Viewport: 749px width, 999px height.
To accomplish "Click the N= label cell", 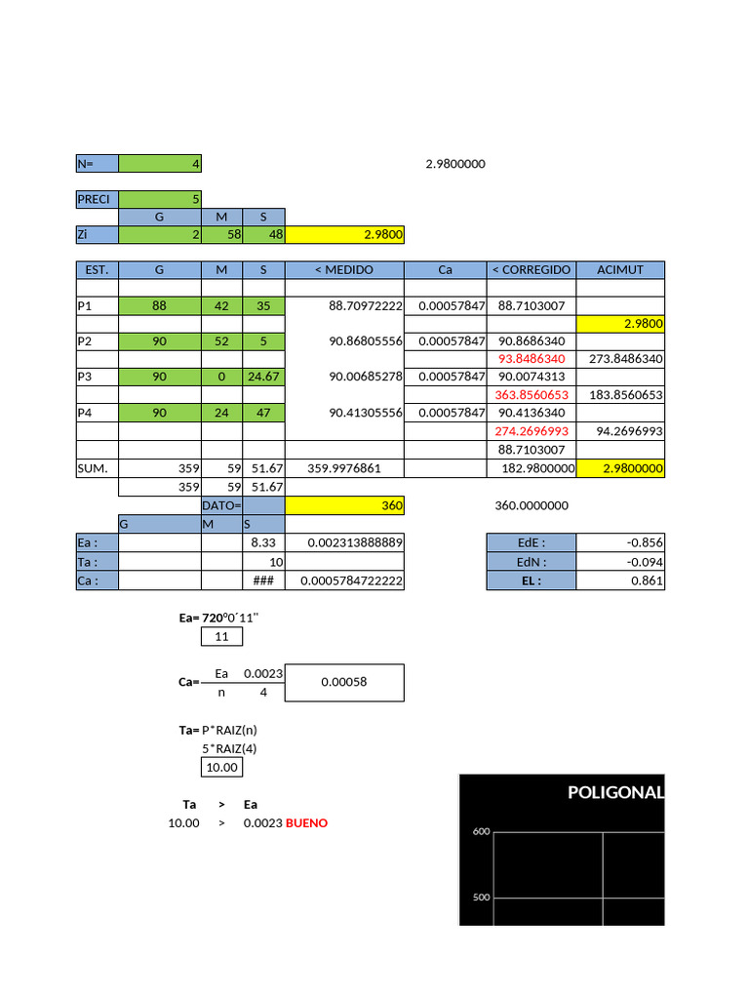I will [97, 164].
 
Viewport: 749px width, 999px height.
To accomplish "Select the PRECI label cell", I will [97, 199].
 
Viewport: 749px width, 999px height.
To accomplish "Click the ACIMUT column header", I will [620, 269].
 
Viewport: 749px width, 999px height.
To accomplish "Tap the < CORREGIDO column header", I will [531, 269].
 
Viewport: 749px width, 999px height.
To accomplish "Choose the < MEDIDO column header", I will [343, 269].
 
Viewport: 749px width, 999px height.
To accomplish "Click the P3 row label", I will [97, 377].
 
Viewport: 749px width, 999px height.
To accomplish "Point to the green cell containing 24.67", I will [263, 377].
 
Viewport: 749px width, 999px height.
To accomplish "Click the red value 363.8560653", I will [531, 395].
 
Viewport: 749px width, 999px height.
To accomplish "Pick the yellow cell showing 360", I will [343, 505].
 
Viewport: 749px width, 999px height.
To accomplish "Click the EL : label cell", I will [531, 580].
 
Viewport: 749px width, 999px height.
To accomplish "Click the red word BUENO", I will [306, 823].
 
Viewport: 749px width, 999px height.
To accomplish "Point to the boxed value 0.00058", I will [343, 682].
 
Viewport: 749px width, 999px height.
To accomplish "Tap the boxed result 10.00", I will [221, 768].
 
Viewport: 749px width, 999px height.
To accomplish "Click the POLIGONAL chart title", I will [614, 792].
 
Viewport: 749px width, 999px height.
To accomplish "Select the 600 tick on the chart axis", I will [480, 832].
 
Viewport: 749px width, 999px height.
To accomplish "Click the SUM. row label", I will [97, 469].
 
